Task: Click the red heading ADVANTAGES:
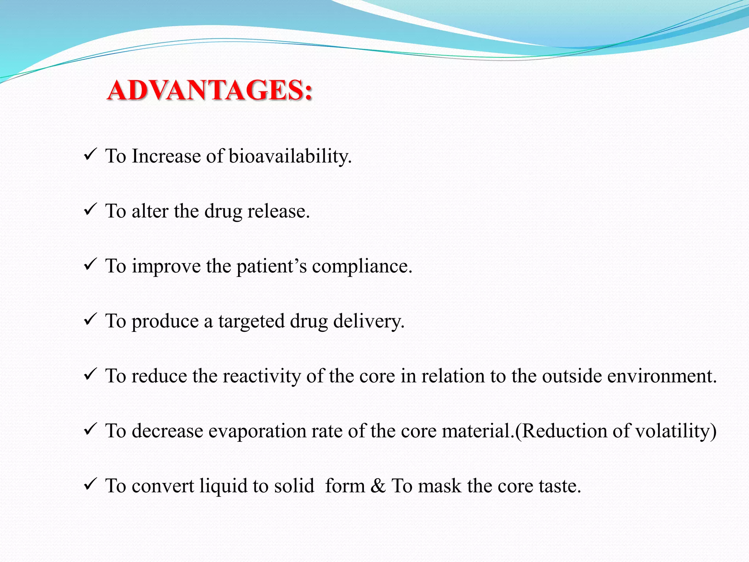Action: pyautogui.click(x=210, y=90)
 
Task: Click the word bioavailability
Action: pyautogui.click(x=290, y=157)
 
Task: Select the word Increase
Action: pyautogui.click(x=166, y=157)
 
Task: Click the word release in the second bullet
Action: pyautogui.click(x=278, y=211)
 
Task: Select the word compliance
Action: pyautogui.click(x=362, y=266)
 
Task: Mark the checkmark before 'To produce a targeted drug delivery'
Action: pyautogui.click(x=90, y=319)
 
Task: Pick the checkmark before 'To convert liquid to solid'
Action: pyautogui.click(x=90, y=484)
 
